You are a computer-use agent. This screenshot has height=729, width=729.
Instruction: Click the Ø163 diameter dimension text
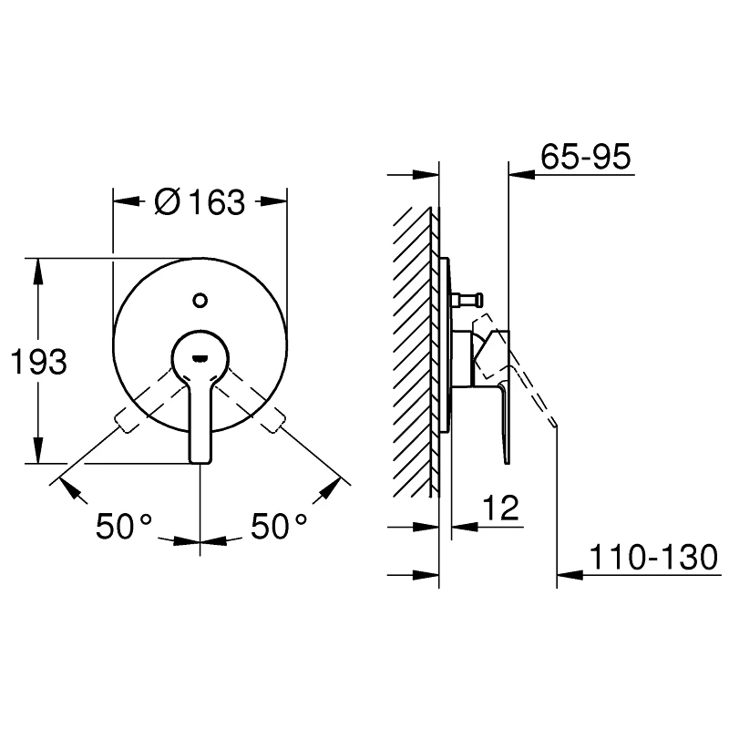tap(200, 202)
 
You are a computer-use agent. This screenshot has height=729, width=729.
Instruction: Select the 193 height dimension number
tap(38, 361)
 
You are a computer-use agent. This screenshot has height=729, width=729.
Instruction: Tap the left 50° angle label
tap(124, 526)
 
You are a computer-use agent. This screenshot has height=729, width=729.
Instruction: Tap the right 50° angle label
tap(279, 526)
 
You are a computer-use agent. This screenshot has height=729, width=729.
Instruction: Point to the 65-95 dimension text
tap(586, 156)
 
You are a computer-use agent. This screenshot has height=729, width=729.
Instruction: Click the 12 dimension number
tap(500, 508)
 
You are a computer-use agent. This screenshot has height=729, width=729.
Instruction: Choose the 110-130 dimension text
tap(653, 557)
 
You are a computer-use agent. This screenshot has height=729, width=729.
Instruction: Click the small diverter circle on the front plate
tap(200, 301)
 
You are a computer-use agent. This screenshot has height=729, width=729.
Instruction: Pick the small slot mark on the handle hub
tap(200, 358)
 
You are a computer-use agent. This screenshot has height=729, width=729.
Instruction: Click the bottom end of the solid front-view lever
tap(200, 462)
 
